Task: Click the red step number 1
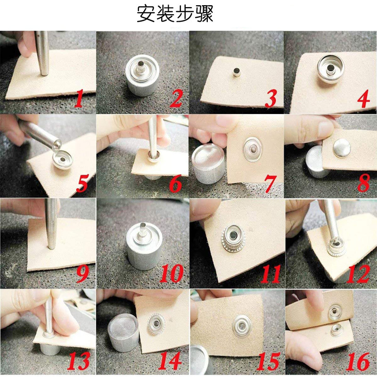(x=79, y=98)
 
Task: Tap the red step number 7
(x=270, y=184)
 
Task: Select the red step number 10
(x=172, y=273)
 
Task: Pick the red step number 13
(x=79, y=361)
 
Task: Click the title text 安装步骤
(x=175, y=14)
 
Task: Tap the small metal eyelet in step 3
(x=237, y=72)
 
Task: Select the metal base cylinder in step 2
(x=142, y=75)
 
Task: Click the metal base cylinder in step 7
(x=208, y=164)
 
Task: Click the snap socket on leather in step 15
(x=242, y=326)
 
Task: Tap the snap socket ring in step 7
(x=253, y=149)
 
